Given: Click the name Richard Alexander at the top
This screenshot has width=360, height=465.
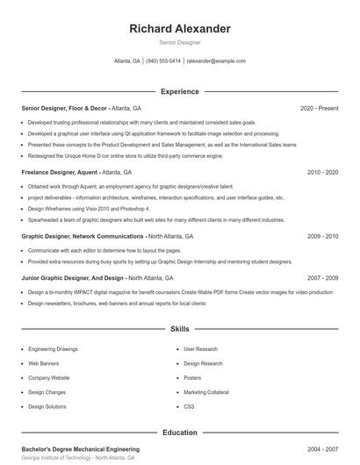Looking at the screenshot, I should pos(179,28).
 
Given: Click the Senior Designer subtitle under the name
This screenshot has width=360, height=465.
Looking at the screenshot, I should pos(179,42).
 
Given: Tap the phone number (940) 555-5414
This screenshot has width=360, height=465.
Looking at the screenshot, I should pos(163,61).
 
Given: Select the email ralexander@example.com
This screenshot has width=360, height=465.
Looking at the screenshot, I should pos(216,61).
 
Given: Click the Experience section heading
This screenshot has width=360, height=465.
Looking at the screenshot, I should pos(179,91).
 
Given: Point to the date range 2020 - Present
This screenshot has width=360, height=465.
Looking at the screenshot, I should pos(319,108).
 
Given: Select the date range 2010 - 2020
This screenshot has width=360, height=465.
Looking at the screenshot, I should pos(322,173).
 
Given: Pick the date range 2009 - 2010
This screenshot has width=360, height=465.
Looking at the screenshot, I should pos(322,236).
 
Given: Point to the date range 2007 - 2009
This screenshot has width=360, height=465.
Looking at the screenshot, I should pos(322,278).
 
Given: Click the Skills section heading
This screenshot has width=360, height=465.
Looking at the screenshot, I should pos(179,329).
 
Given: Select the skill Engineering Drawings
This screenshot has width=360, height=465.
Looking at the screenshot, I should pos(53,349).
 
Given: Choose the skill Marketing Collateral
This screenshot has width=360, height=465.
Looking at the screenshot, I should pos(205,392).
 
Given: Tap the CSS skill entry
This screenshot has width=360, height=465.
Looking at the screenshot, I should pos(189,407).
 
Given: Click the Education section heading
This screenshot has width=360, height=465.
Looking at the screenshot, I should pos(179,433).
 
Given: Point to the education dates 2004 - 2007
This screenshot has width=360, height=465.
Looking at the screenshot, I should pos(322,449).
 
